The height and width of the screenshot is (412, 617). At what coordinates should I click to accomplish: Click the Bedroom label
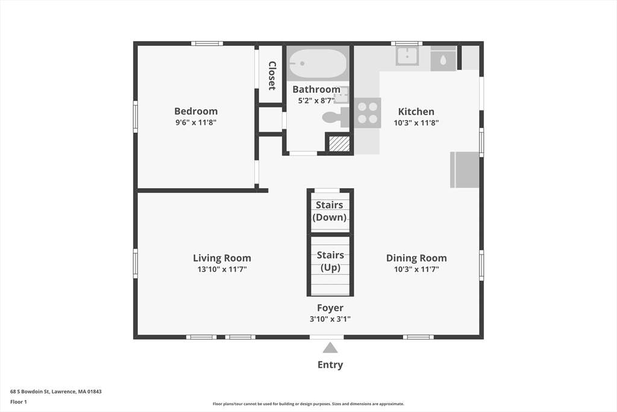tap(196, 111)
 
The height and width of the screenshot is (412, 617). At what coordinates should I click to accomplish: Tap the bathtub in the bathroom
tap(318, 63)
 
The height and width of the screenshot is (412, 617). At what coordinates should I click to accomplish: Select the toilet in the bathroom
tap(335, 118)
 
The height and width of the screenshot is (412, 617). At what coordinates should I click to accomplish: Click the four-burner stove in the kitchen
tap(368, 113)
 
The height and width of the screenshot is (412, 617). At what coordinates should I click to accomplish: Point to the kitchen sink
tap(407, 56)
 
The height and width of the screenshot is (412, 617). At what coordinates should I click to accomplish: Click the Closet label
tap(272, 75)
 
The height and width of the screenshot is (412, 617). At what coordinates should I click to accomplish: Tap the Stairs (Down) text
tap(330, 211)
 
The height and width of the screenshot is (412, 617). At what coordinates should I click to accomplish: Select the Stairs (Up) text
tap(331, 261)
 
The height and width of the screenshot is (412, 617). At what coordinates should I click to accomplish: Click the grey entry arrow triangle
tap(330, 347)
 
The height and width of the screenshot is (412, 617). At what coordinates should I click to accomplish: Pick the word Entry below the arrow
tap(330, 365)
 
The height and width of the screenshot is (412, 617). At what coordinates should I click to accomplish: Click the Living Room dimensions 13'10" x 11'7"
tap(222, 270)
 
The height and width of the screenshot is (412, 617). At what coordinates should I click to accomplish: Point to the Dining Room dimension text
tap(416, 270)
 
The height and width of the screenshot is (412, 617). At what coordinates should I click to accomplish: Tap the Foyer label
tap(330, 308)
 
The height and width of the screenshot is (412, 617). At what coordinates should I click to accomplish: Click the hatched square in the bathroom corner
tap(339, 144)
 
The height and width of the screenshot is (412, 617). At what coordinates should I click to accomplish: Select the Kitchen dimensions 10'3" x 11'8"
tap(416, 123)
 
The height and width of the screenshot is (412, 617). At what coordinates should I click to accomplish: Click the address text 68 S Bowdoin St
tap(30, 391)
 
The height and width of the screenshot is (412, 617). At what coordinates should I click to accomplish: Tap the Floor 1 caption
tap(19, 402)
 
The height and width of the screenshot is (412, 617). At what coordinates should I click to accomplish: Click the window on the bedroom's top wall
tap(207, 43)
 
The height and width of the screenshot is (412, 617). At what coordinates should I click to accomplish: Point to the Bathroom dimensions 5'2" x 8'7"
tap(316, 101)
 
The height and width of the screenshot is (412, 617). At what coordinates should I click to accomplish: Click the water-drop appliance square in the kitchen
tap(443, 59)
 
